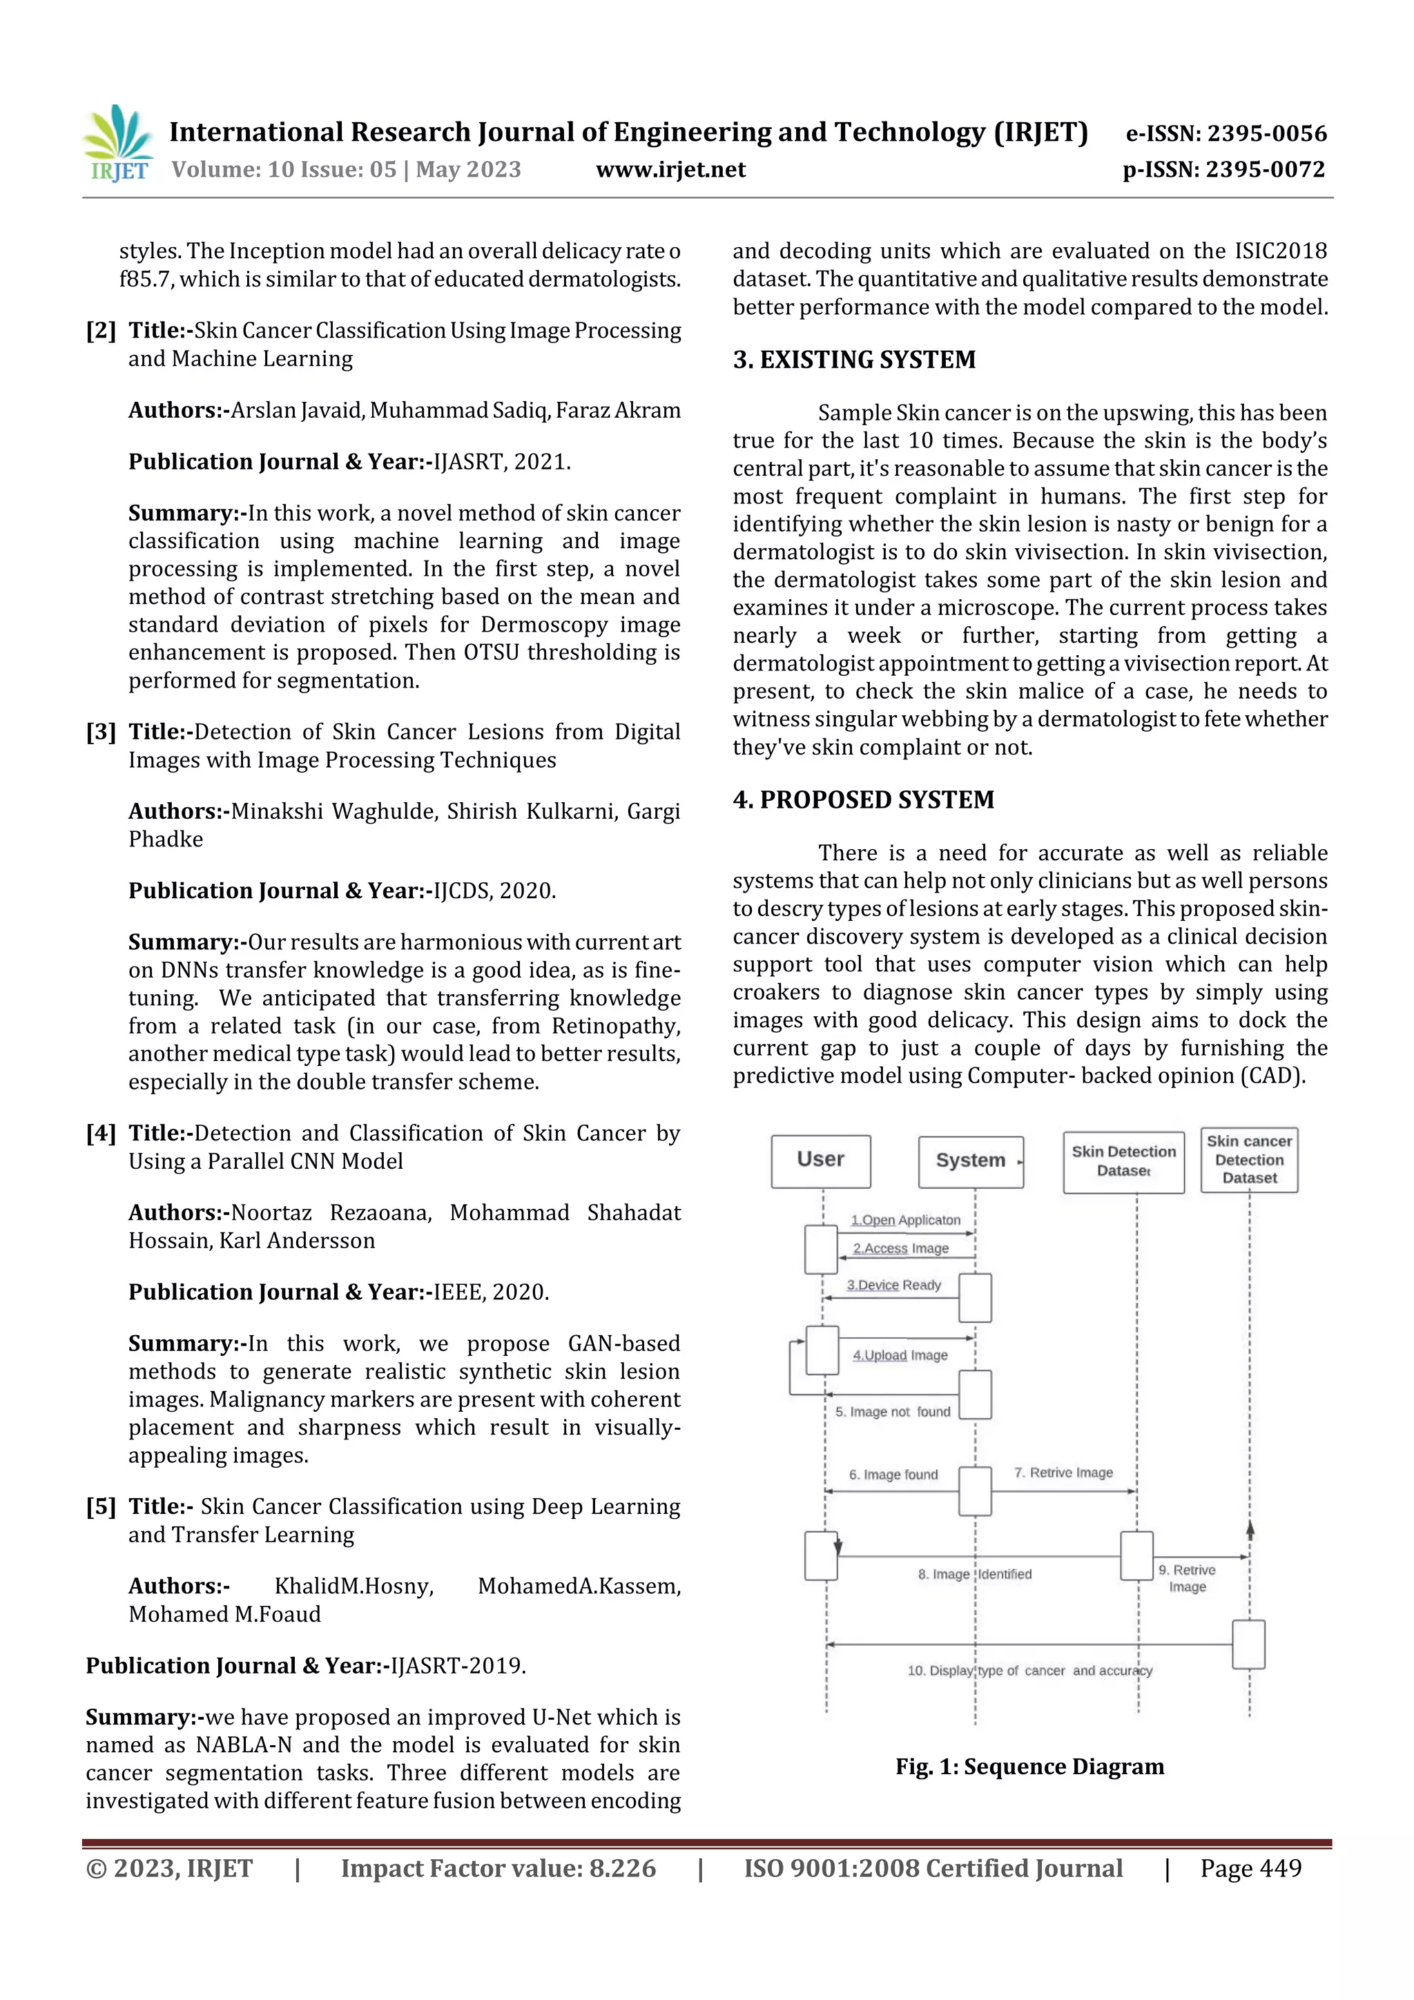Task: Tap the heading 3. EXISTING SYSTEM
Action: (x=854, y=360)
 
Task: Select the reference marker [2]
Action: (x=100, y=331)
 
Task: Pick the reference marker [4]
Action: (x=100, y=1134)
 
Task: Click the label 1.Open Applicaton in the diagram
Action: (x=905, y=1221)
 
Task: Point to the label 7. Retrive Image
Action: (x=1063, y=1473)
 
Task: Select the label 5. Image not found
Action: (x=892, y=1412)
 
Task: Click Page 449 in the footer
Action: (x=1250, y=1868)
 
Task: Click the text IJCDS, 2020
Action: (x=494, y=891)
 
